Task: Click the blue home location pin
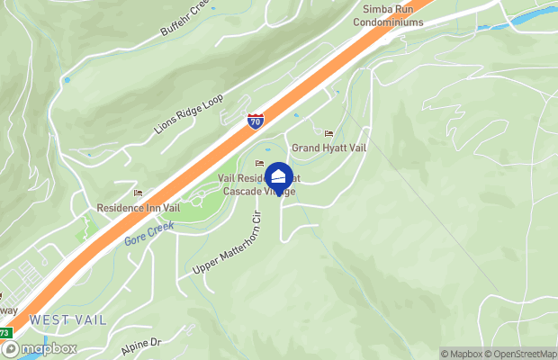(x=279, y=177)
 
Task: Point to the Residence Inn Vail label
(x=139, y=208)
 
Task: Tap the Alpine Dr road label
(x=140, y=344)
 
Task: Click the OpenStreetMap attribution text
(x=522, y=354)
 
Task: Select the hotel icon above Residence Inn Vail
(x=138, y=193)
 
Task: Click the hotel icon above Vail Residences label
(x=259, y=164)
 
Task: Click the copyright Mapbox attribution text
(x=463, y=354)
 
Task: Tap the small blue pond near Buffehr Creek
(x=66, y=80)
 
